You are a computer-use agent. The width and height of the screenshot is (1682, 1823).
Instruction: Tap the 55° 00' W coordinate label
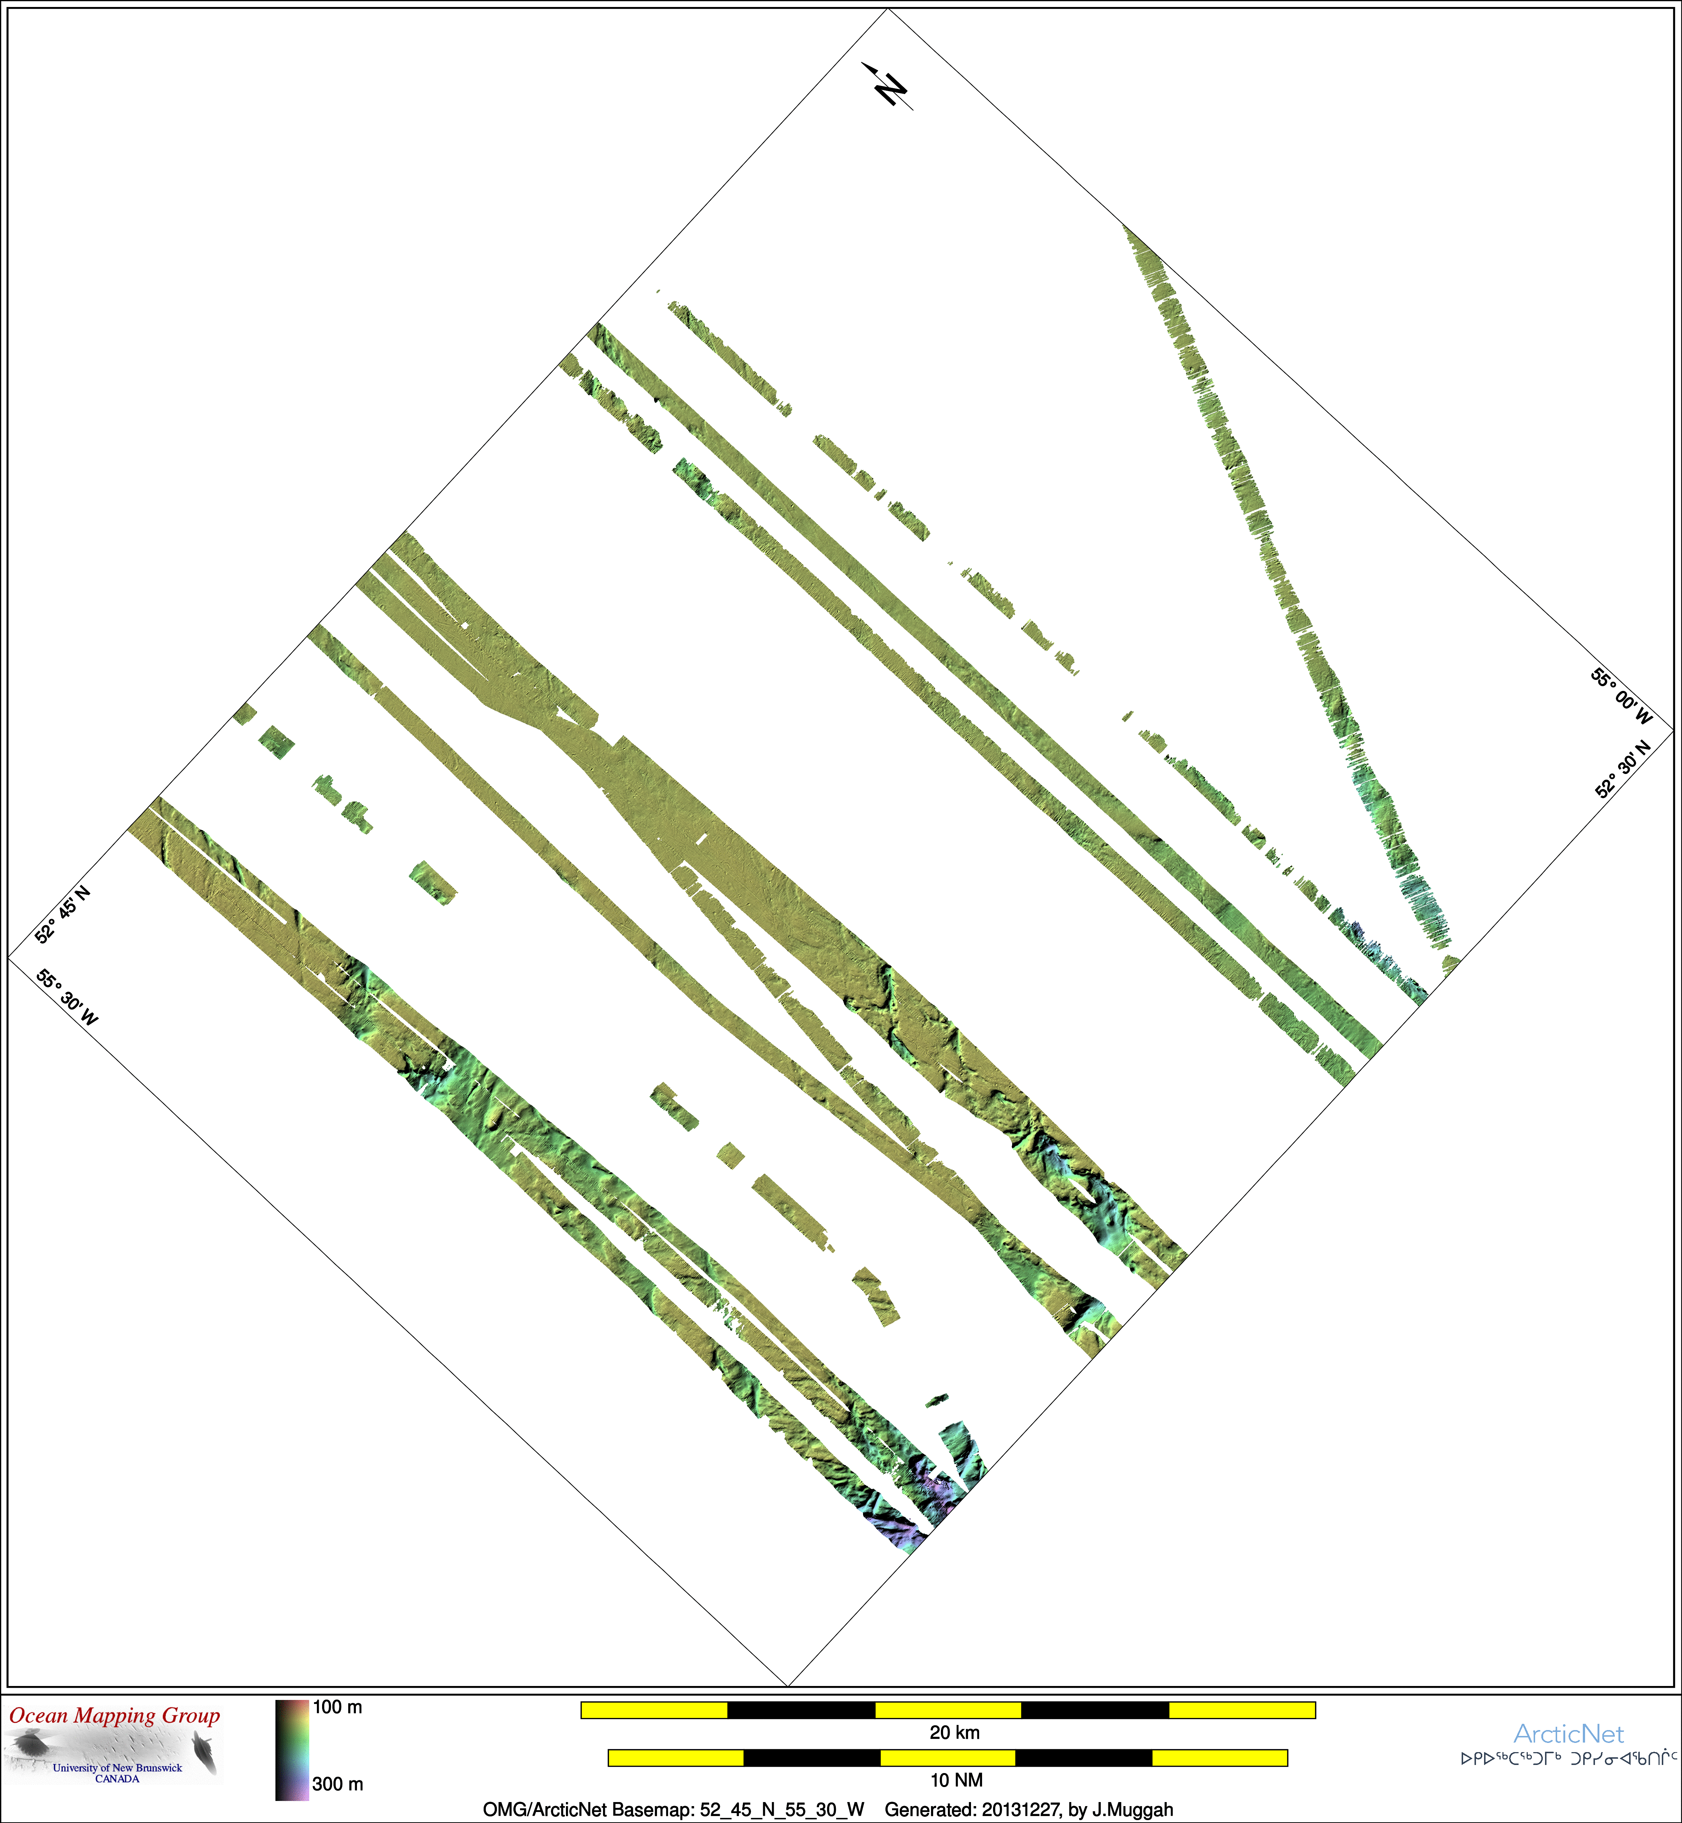[1621, 697]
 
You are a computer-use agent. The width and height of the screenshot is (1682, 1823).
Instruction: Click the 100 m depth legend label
[337, 1707]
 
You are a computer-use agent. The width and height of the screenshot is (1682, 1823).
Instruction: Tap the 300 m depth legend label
[337, 1784]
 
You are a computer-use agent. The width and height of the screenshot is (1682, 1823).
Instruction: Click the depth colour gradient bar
[292, 1749]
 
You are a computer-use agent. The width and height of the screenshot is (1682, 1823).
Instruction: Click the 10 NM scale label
[956, 1779]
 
